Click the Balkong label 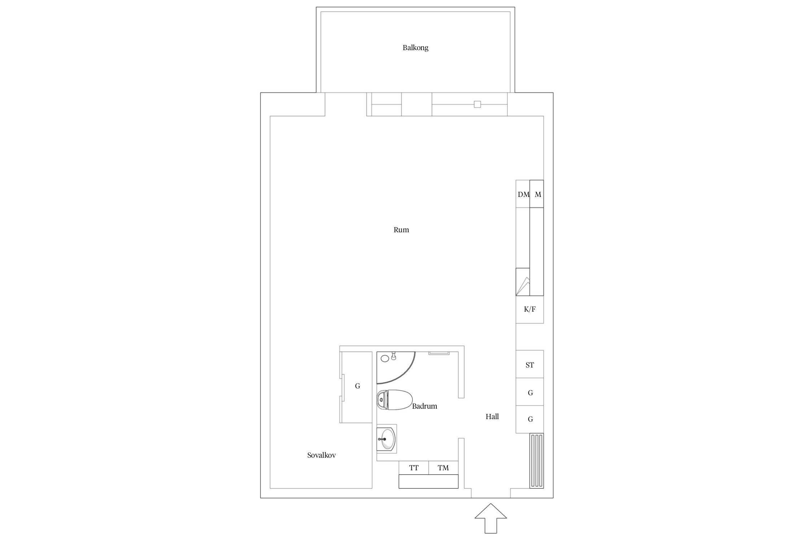coord(415,48)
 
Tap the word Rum coord(401,230)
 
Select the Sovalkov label coord(322,455)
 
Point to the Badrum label coord(424,406)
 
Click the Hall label coord(492,417)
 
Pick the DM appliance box coord(523,194)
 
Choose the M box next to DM coord(537,194)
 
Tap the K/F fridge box coord(529,309)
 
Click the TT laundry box coord(414,468)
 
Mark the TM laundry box coord(444,468)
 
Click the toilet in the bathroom coord(394,400)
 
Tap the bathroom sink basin coord(387,439)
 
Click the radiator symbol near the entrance coord(537,461)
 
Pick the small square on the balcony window coord(477,105)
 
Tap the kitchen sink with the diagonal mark coord(523,282)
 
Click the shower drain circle coord(385,358)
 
